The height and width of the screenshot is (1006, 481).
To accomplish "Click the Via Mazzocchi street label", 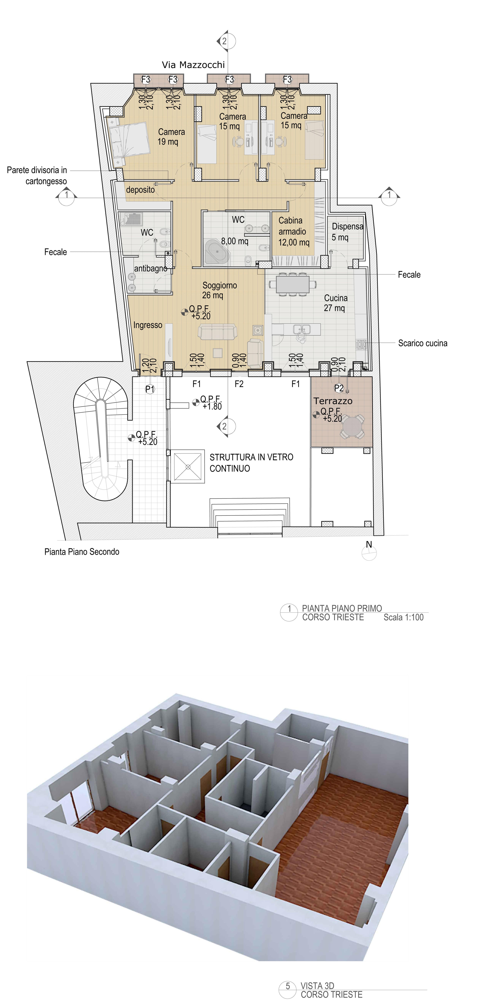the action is click(193, 65).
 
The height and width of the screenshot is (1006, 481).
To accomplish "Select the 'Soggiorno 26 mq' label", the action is click(219, 290).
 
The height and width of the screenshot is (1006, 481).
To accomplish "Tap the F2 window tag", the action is click(239, 384).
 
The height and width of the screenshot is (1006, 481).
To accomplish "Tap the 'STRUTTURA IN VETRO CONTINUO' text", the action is click(251, 463).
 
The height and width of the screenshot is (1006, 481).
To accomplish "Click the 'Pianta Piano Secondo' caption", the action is click(82, 552).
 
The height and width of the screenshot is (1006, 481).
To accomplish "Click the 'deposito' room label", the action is click(140, 190).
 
